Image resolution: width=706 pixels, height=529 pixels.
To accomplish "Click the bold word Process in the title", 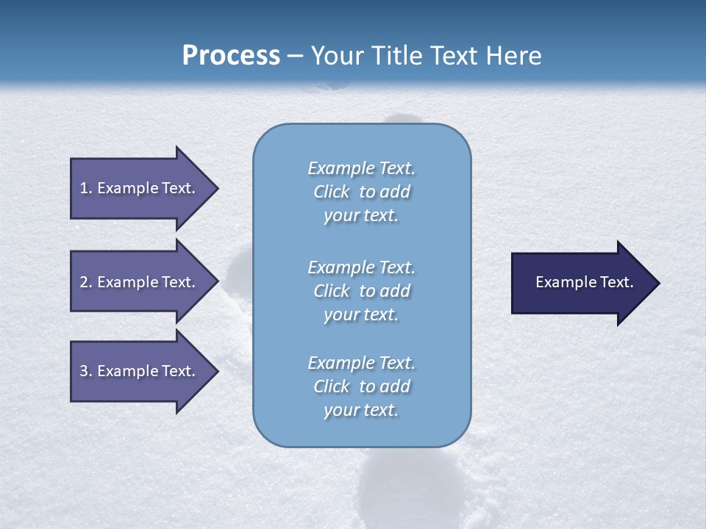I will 231,56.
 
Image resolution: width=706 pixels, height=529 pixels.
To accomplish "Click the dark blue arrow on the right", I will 581,283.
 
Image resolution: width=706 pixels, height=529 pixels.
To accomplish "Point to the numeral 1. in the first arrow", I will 86,188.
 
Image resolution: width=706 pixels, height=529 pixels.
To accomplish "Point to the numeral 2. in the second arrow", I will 86,282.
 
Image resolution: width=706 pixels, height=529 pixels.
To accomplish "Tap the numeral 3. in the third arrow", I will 86,371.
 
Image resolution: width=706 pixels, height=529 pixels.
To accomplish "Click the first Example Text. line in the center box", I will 361,168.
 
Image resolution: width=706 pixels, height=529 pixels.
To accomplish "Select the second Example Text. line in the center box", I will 361,267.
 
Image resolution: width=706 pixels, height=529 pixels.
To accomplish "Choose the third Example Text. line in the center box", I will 361,363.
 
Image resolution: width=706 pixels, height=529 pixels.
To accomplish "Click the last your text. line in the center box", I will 361,410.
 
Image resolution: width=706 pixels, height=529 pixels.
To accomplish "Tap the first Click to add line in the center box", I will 361,192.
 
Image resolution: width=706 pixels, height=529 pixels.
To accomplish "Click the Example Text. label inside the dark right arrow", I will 585,282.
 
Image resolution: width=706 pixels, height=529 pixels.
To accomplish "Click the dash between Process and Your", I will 296,57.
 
